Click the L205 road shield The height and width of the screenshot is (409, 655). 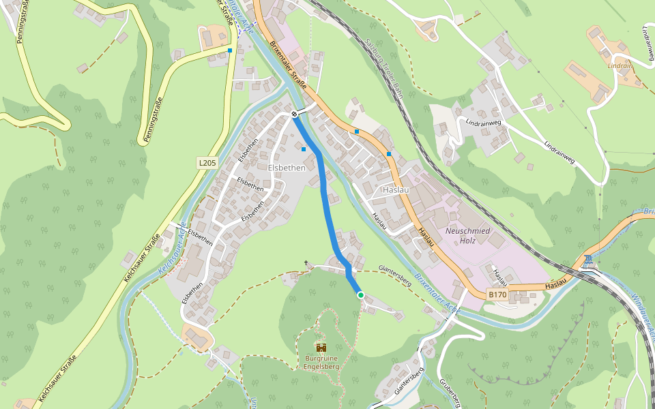(x=207, y=163)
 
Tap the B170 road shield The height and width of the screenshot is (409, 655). (x=497, y=294)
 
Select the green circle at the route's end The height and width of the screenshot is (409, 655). (x=360, y=294)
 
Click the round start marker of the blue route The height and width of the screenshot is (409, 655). (x=294, y=114)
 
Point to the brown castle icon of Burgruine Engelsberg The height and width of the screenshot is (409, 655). (x=321, y=347)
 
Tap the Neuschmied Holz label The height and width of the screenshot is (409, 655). (x=467, y=235)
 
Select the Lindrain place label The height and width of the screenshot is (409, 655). (x=620, y=65)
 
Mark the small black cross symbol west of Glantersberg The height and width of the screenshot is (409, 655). (x=306, y=262)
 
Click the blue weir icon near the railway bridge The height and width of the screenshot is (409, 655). (x=587, y=260)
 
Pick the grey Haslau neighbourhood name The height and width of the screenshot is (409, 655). (x=396, y=190)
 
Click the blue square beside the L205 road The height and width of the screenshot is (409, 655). (x=230, y=50)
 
